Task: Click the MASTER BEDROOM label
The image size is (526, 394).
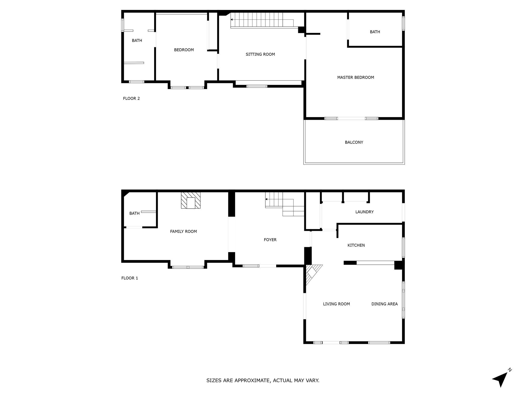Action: [x=356, y=77]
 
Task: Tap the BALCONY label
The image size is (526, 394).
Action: [x=354, y=142]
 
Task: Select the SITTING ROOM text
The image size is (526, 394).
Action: [x=260, y=54]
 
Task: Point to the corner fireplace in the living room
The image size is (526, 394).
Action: [x=312, y=273]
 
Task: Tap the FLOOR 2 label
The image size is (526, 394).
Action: [x=131, y=98]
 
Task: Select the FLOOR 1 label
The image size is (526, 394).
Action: [x=129, y=278]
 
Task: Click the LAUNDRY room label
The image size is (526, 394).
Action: [x=364, y=212]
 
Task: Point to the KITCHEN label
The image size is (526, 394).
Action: [x=356, y=245]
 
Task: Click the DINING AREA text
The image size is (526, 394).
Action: [x=384, y=304]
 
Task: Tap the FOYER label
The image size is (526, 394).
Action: [x=270, y=240]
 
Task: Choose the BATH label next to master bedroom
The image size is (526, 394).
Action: [x=375, y=32]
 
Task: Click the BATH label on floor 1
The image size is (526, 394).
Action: [x=134, y=214]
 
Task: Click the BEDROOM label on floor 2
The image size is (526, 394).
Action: [x=184, y=50]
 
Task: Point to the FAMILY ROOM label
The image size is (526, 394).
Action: [x=183, y=231]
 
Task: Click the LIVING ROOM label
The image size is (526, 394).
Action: [x=336, y=304]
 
